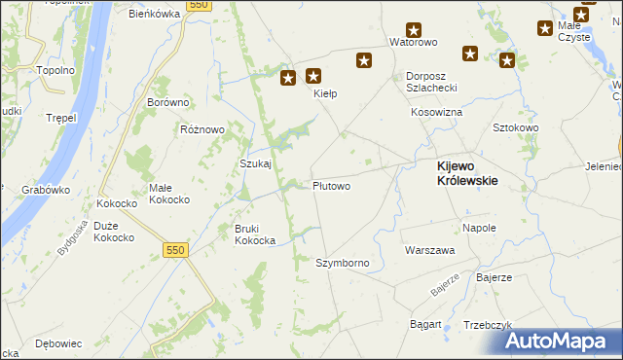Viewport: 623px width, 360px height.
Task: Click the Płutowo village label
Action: pos(331,185)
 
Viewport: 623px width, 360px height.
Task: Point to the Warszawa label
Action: pos(430,250)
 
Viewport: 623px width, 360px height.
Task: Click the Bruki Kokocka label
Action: pos(254,234)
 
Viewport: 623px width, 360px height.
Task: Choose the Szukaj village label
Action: pos(255,164)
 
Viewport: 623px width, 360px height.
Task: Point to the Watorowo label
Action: pos(414,43)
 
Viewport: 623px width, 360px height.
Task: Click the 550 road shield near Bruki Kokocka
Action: pos(175,250)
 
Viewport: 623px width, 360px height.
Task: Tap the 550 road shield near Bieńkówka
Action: pos(199,5)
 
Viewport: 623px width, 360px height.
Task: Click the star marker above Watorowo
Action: pos(415,29)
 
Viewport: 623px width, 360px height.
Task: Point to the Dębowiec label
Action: pos(57,343)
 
